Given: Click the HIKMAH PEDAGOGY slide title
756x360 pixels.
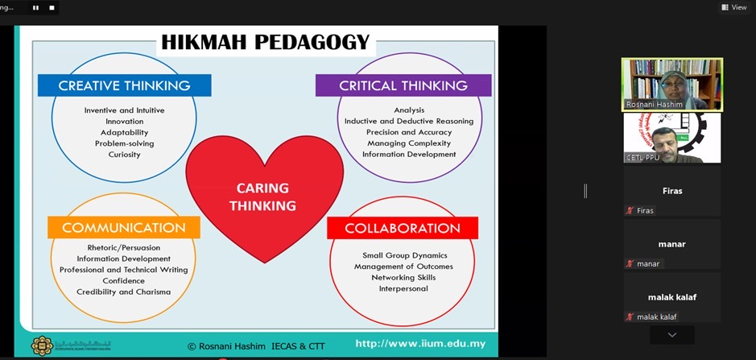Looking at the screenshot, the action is pyautogui.click(x=265, y=43).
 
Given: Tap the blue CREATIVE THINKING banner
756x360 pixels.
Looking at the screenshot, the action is pyautogui.click(x=125, y=85).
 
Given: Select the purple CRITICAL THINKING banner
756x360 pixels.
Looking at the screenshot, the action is pyautogui.click(x=403, y=85).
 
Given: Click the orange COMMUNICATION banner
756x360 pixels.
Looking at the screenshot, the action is pyautogui.click(x=124, y=227).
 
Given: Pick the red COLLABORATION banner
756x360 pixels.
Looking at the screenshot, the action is pyautogui.click(x=403, y=228).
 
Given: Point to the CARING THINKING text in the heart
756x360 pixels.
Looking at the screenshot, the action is pyautogui.click(x=262, y=197).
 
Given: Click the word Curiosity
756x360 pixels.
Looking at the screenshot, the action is pyautogui.click(x=125, y=155).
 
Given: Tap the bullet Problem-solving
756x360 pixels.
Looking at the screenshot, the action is pyautogui.click(x=125, y=144).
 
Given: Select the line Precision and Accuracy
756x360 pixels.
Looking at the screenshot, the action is pyautogui.click(x=409, y=132).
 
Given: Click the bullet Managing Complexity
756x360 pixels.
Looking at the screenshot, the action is pyautogui.click(x=409, y=143).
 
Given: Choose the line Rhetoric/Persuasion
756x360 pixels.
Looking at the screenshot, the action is pyautogui.click(x=124, y=247).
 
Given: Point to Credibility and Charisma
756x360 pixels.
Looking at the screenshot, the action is pyautogui.click(x=123, y=292).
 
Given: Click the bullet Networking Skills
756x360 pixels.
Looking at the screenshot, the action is pyautogui.click(x=403, y=278).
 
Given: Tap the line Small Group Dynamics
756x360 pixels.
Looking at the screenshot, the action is pyautogui.click(x=404, y=255).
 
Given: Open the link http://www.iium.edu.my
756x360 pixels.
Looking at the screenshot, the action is pyautogui.click(x=420, y=344).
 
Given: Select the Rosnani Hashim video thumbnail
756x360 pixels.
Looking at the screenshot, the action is pyautogui.click(x=672, y=85).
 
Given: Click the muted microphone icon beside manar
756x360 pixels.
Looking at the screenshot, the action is pyautogui.click(x=630, y=264).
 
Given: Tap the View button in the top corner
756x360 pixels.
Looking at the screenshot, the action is pyautogui.click(x=733, y=7).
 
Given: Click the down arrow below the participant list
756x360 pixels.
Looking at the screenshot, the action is pyautogui.click(x=672, y=335).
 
